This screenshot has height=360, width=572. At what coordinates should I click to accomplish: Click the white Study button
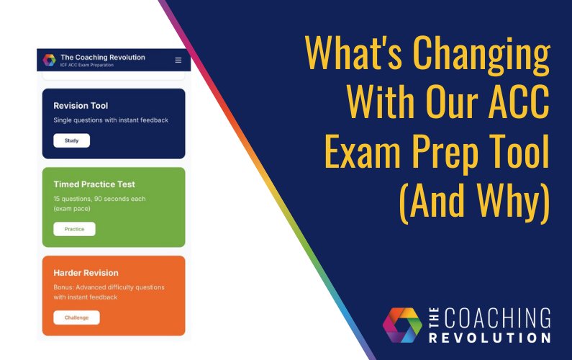click(72, 140)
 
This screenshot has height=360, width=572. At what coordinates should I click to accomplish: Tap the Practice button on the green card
click(74, 229)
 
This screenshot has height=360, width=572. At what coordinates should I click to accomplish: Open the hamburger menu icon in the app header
click(178, 60)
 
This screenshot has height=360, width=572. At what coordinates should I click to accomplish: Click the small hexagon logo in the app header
click(49, 60)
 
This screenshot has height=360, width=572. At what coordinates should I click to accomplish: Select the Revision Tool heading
click(81, 106)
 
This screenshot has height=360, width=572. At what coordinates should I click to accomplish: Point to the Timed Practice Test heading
click(94, 184)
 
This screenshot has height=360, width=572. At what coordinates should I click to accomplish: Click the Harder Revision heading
click(86, 273)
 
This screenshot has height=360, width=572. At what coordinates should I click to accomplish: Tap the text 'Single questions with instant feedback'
click(111, 120)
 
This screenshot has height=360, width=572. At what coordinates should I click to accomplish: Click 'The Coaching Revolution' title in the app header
click(102, 57)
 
